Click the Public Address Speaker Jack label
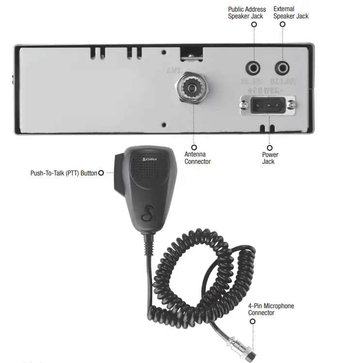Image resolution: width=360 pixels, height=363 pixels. tap(247, 13)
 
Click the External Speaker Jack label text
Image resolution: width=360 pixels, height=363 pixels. tap(290, 13)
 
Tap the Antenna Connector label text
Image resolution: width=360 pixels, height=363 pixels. tap(198, 158)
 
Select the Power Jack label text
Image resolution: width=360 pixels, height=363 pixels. tap(270, 158)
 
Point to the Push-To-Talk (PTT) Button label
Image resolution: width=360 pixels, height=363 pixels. tap(63, 173)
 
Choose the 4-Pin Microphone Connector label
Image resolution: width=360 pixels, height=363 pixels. tap(271, 309)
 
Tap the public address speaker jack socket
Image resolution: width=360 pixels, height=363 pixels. tap(253, 67)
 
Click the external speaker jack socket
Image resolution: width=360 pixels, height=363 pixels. tap(282, 67)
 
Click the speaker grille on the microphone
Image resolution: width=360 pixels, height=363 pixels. tap(150, 176)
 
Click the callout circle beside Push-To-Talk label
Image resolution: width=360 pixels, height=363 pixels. tap(101, 173)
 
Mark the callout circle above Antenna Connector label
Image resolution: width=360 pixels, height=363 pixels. tap(194, 147)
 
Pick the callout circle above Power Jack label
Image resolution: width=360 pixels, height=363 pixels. tap(270, 147)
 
